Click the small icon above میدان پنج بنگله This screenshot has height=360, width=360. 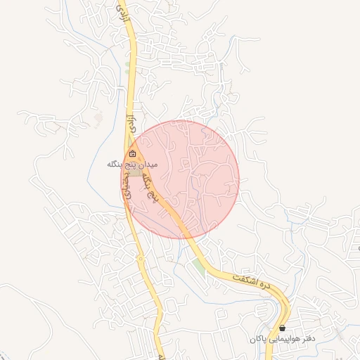pos(133,154)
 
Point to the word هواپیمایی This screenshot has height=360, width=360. pos(285,339)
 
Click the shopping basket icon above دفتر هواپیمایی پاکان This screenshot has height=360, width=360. pos(282,328)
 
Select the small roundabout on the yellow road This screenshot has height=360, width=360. pos(140,259)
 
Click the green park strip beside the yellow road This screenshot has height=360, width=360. pos(200,266)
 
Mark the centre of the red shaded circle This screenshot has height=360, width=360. pos(180,179)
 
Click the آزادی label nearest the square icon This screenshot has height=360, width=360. pos(129,121)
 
